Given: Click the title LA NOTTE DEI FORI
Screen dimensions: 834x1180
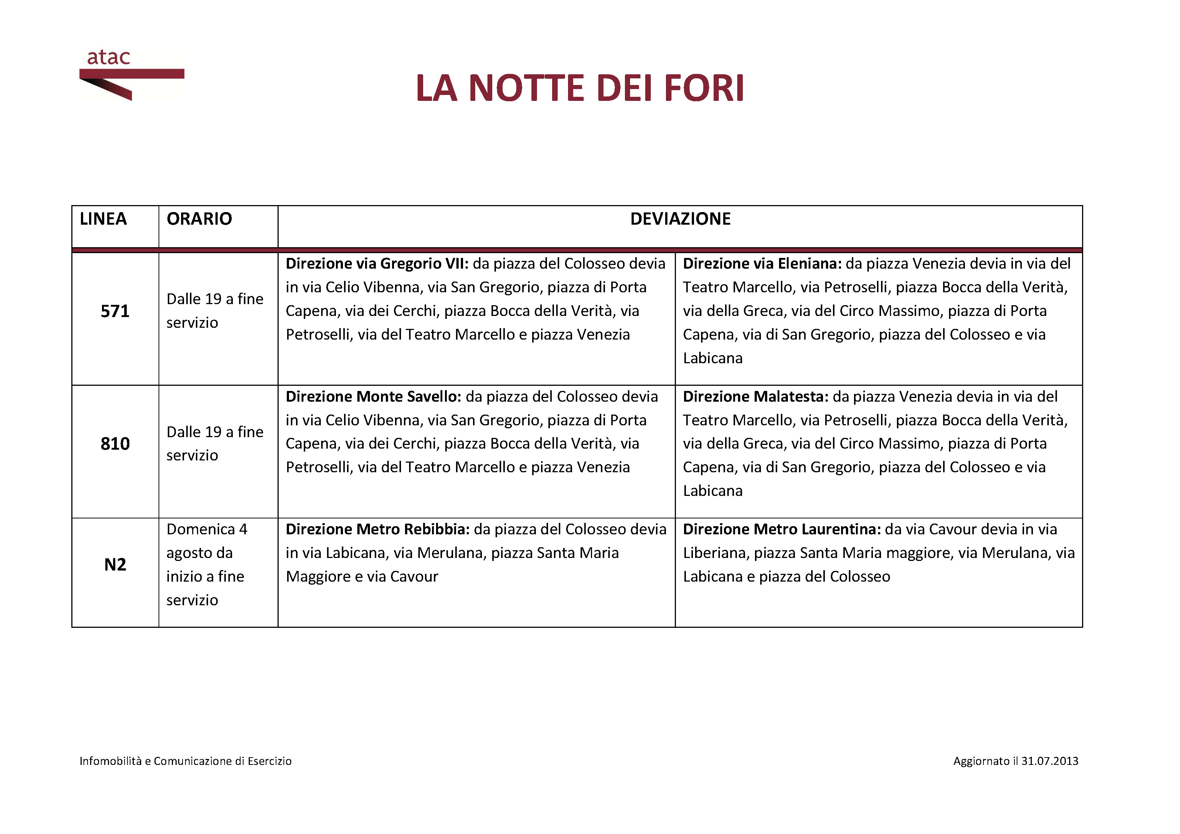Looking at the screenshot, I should [580, 88].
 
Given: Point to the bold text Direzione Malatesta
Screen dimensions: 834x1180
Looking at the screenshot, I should [755, 397].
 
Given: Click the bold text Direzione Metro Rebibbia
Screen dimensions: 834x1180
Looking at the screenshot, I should [377, 529].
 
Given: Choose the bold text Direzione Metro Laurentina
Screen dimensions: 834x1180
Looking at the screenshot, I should [781, 529].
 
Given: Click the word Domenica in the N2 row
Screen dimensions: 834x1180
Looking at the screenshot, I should [200, 529].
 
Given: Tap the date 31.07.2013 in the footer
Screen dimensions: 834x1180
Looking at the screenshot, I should [1050, 761].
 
